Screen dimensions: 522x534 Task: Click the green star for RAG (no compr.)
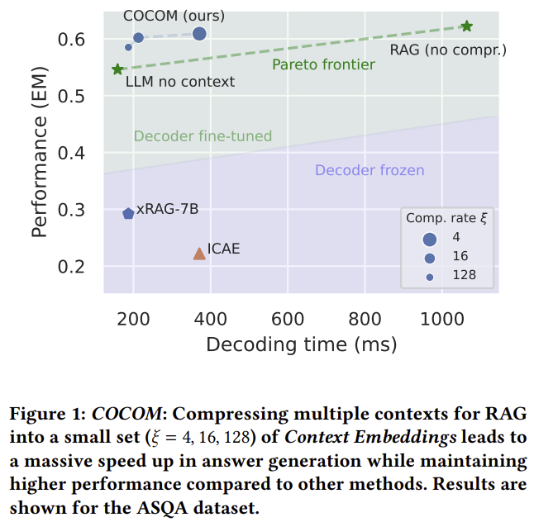point(467,26)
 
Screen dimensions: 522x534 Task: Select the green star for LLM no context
point(118,70)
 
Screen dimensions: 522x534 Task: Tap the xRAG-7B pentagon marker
point(128,213)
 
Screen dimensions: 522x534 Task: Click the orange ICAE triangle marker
point(199,254)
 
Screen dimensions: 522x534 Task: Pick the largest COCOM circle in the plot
point(199,34)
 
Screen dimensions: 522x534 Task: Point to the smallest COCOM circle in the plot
point(128,47)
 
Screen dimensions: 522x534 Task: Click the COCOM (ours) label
point(174,16)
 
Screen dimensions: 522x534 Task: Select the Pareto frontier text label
point(323,64)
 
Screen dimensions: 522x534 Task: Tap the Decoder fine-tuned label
point(203,136)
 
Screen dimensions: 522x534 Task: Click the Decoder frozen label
point(370,171)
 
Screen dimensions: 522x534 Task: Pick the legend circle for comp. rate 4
point(430,239)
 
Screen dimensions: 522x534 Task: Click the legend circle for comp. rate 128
point(430,276)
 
